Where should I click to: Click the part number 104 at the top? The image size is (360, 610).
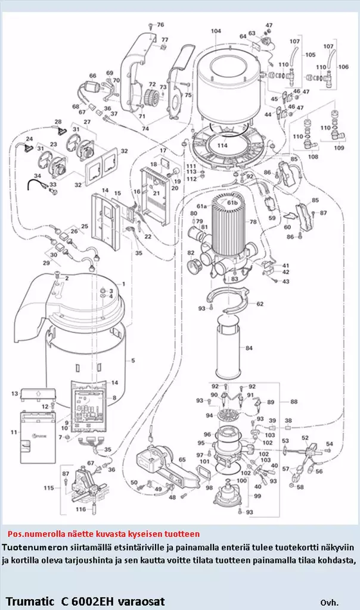coord(216,31)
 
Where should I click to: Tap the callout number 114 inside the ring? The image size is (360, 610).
coord(222,145)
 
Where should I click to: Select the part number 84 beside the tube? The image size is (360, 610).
coord(249,348)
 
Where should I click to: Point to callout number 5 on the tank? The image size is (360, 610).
coord(133,360)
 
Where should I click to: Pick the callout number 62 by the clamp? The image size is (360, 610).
coord(260,304)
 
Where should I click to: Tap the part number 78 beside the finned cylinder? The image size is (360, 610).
coord(253,222)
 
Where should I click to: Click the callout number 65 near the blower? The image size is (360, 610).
coord(182,460)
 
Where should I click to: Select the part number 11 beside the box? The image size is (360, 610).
coord(14,431)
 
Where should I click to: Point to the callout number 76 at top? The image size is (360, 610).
coord(160,25)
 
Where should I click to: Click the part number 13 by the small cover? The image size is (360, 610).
coord(14,394)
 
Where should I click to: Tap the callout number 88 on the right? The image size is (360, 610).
coord(294,402)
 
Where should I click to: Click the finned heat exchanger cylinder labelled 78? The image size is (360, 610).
coord(230,223)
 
